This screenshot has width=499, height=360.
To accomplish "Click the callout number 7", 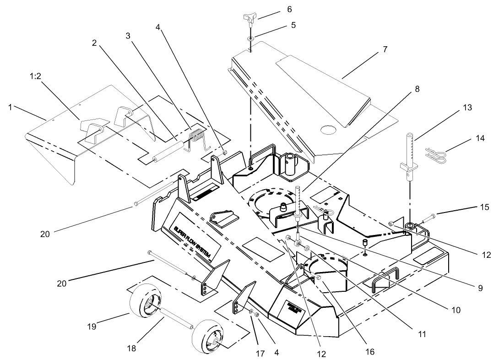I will pos(385,49).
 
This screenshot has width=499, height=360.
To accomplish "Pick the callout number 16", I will pos(369,352).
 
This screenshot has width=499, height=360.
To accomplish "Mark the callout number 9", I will pos(480,288).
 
